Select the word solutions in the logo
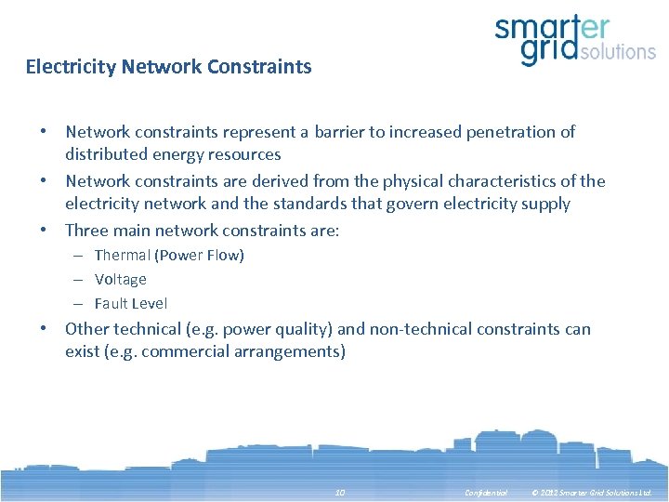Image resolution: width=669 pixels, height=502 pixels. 618,51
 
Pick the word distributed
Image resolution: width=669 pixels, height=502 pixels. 109,154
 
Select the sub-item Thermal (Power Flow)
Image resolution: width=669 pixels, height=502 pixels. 169,255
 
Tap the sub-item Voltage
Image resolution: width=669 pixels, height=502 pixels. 120,279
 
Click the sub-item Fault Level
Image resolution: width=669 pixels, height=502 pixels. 131,303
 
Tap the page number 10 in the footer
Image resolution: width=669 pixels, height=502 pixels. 339,492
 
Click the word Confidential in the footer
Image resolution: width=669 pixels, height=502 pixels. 486,492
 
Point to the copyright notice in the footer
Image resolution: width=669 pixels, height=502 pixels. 592,492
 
